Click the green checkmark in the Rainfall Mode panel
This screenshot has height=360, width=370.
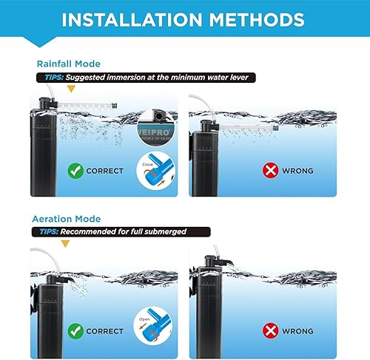[75, 170]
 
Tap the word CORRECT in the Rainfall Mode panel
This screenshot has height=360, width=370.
[104, 171]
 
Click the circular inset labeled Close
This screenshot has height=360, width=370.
[155, 171]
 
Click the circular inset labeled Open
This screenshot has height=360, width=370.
[155, 327]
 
